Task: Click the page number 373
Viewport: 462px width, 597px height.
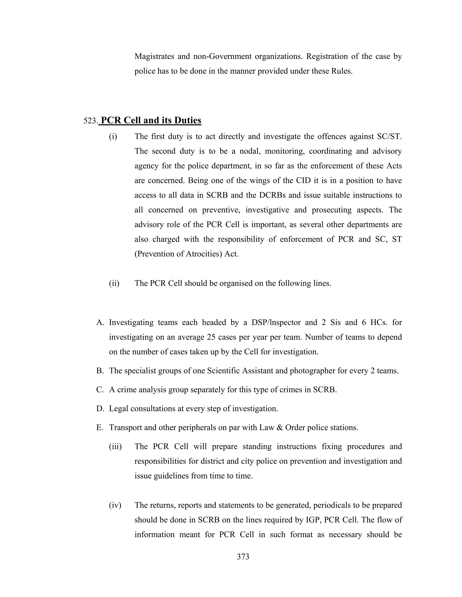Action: tap(243, 557)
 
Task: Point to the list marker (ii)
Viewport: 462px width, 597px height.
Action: tap(114, 283)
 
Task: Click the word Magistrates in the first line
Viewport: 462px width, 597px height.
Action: tap(154, 56)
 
